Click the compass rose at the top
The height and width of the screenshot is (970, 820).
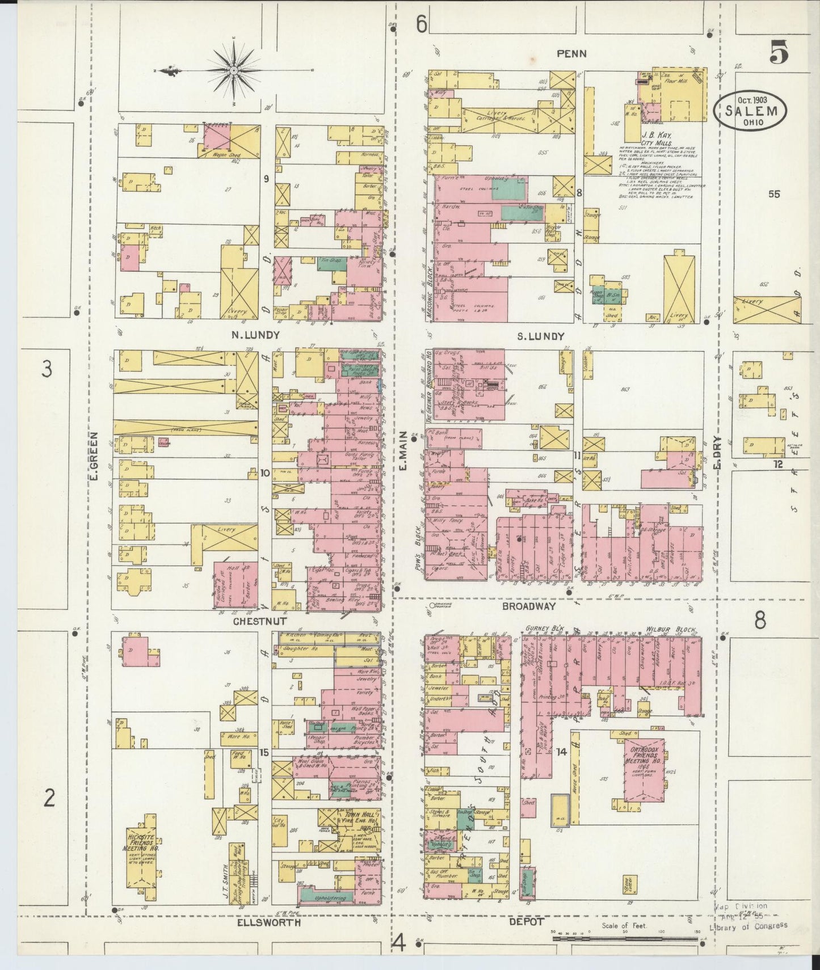click(233, 70)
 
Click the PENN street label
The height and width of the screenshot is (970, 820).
click(571, 53)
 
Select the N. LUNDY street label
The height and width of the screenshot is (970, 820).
click(255, 335)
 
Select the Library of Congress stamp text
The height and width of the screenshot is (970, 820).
click(748, 926)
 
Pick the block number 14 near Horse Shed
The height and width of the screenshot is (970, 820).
click(561, 752)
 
